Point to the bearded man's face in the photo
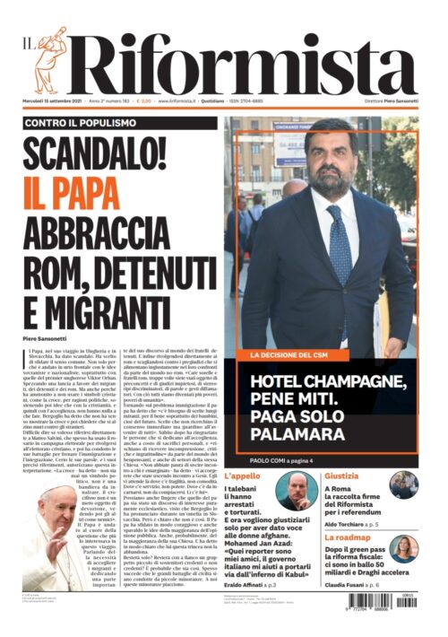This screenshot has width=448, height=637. click(x=331, y=158)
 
